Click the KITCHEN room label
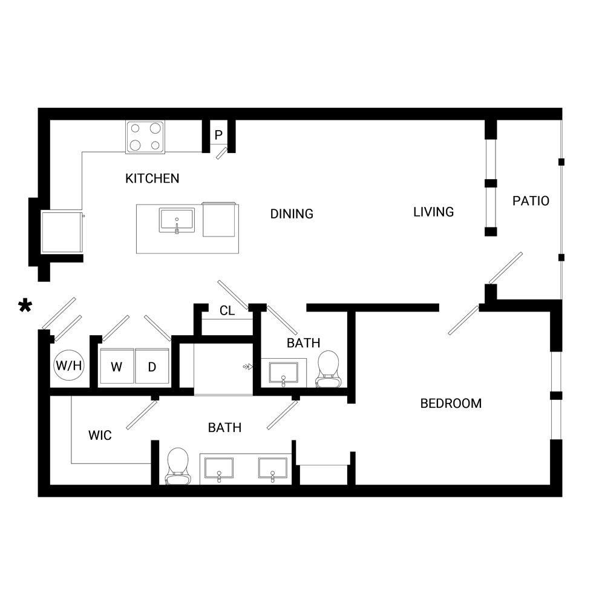coord(152,178)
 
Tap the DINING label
coord(292,214)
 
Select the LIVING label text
coord(433,212)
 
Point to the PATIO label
coord(531,201)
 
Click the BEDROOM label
coord(451,403)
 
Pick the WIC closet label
coord(100,435)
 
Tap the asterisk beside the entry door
coord(25,306)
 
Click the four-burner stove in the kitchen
coord(145,137)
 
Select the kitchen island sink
coord(177,221)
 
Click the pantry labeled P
coord(218,135)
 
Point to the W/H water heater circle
coord(69,365)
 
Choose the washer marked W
coord(117,366)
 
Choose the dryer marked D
coord(152,366)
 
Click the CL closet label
coord(227,310)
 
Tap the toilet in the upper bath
coord(329,369)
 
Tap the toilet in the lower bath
coord(178,466)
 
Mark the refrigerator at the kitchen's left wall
coord(62,232)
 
